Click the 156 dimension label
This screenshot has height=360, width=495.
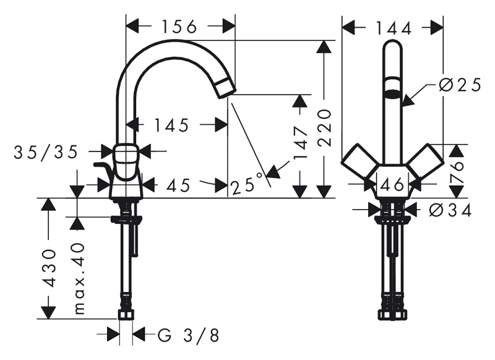(179, 27)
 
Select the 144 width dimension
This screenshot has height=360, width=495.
(394, 28)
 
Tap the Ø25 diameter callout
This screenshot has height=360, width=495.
(460, 85)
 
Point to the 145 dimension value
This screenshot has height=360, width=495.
(171, 125)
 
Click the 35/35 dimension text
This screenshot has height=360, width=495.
(46, 152)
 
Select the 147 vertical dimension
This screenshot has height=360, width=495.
(300, 143)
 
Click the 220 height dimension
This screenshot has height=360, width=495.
(324, 128)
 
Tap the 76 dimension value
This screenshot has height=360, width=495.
(457, 173)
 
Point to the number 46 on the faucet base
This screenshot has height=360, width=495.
(392, 184)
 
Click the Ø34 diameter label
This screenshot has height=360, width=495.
(450, 210)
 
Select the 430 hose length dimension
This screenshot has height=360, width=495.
(49, 268)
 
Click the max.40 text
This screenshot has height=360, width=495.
(79, 278)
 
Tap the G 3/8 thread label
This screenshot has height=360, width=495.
(189, 335)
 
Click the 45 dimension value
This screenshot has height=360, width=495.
(179, 185)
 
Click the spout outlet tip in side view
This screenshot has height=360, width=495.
(226, 88)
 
